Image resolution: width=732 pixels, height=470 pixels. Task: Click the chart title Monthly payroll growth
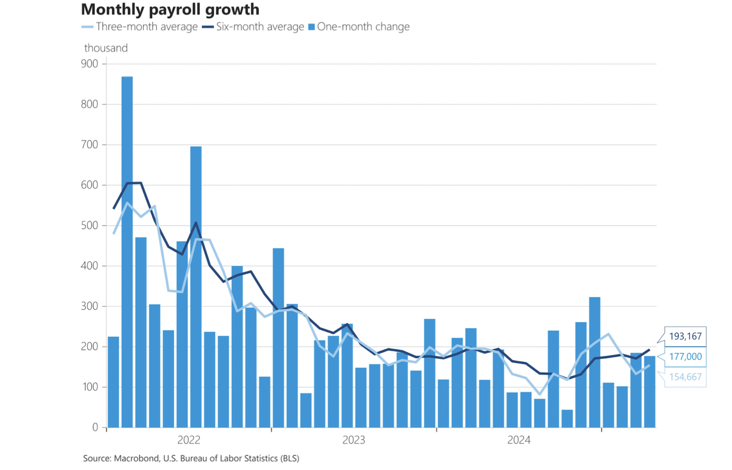pyautogui.click(x=170, y=9)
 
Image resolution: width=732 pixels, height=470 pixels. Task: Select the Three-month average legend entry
pyautogui.click(x=140, y=27)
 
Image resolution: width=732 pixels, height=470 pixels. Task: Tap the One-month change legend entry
pyautogui.click(x=359, y=27)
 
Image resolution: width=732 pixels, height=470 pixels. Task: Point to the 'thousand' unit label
pyautogui.click(x=106, y=48)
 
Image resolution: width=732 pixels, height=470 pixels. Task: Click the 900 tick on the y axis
pyautogui.click(x=89, y=64)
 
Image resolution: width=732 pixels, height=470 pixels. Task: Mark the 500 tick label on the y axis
pyautogui.click(x=89, y=226)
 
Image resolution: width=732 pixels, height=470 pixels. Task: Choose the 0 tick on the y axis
pyautogui.click(x=95, y=427)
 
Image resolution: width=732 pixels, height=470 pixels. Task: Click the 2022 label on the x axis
pyautogui.click(x=189, y=440)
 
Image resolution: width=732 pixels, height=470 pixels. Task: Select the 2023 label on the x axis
pyautogui.click(x=354, y=440)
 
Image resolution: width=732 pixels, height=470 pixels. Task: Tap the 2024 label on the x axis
pyautogui.click(x=519, y=440)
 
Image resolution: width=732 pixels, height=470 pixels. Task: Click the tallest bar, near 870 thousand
pyautogui.click(x=127, y=252)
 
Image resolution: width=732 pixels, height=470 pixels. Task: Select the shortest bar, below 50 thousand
pyautogui.click(x=567, y=419)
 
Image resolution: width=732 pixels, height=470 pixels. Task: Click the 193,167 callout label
pyautogui.click(x=685, y=336)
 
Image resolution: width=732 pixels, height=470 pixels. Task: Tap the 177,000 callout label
pyautogui.click(x=685, y=357)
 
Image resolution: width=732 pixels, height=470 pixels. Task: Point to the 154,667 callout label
pyautogui.click(x=685, y=377)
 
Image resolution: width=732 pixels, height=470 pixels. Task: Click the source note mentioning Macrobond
pyautogui.click(x=191, y=458)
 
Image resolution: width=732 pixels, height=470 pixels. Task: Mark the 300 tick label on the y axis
pyautogui.click(x=89, y=306)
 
